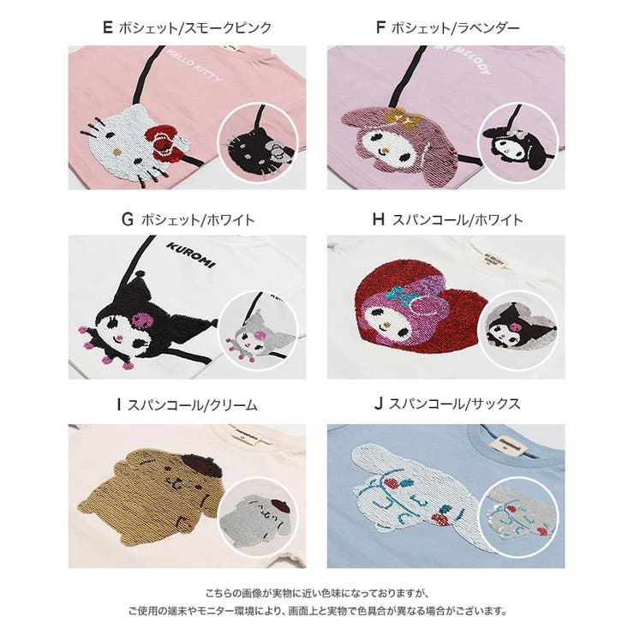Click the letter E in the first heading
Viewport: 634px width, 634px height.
pos(107,27)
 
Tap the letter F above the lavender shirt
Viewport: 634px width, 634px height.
pos(380,27)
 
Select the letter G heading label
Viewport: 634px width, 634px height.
pos(128,219)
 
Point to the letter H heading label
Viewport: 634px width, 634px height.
pos(379,219)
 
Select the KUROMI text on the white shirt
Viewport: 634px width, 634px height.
pos(185,254)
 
